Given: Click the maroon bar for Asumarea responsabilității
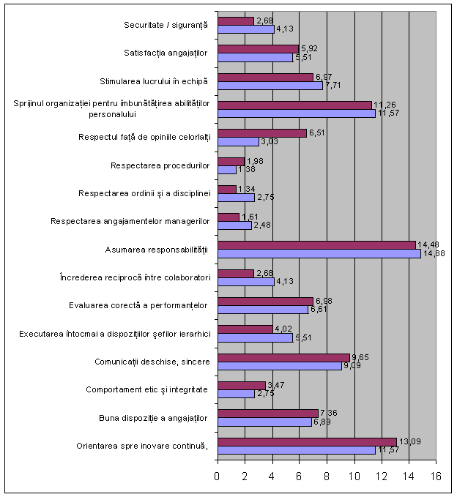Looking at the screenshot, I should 316,245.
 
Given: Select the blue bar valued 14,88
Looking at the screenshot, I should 319,254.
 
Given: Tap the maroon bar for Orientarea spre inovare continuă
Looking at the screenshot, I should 307,441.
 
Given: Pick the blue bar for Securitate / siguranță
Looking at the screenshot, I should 246,29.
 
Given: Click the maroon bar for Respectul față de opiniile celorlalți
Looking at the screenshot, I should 262,132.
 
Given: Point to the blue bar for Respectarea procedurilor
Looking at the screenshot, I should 227,170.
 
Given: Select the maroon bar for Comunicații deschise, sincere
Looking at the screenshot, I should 283,357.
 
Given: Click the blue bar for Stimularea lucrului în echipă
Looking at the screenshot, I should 270,86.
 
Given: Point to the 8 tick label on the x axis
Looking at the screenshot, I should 327,477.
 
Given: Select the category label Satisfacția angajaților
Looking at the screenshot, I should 165,53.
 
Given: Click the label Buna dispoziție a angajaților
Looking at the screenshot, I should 154,418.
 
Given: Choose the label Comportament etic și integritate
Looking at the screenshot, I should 147,390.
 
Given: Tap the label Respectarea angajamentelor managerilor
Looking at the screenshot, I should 130,220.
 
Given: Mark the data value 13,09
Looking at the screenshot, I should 407,441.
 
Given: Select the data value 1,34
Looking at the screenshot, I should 246,189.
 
